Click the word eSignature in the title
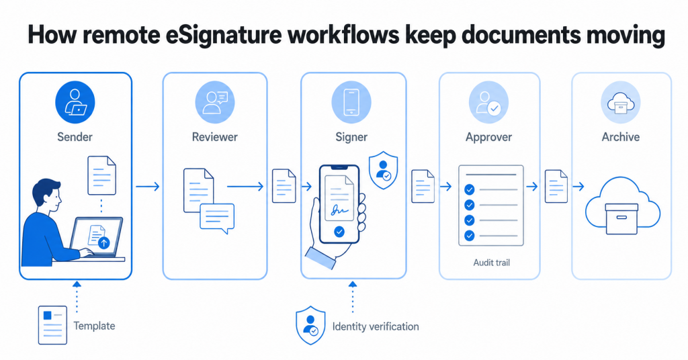coord(224,35)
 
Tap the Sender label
coord(75,137)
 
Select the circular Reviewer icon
coord(214,103)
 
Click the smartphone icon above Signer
coord(351,103)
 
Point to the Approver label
coord(489,137)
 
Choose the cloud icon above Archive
coord(620,103)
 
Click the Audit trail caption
coord(491,263)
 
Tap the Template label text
coord(94,326)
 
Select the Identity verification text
coord(376,326)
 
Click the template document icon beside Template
coord(52,325)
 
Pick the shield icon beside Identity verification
coord(310,325)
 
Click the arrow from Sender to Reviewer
coord(147,187)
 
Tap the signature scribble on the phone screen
coord(339,211)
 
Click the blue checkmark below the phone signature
coord(339,232)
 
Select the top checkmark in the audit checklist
coord(470,189)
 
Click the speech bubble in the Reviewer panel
coord(217,218)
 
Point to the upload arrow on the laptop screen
coord(103,243)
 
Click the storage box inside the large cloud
coord(621,219)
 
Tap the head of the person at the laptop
coord(47,195)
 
